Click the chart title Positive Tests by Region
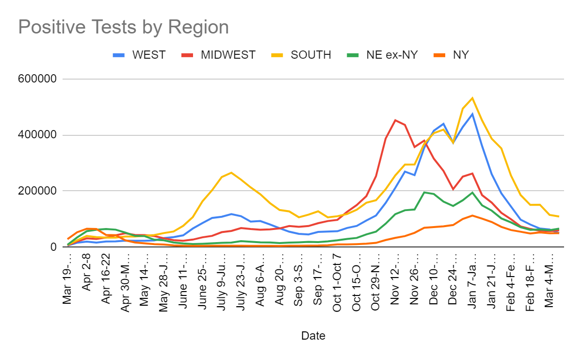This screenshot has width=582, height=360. (x=123, y=27)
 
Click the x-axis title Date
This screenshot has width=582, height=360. (x=313, y=335)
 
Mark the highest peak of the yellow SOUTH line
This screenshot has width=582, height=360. (x=472, y=98)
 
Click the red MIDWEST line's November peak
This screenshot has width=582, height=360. (x=395, y=120)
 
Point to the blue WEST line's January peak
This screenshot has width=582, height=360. (x=472, y=114)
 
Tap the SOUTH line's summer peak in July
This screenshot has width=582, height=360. (x=231, y=173)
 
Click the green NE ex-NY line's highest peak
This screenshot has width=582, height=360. (x=424, y=192)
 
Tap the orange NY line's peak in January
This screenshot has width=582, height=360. (x=472, y=215)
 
